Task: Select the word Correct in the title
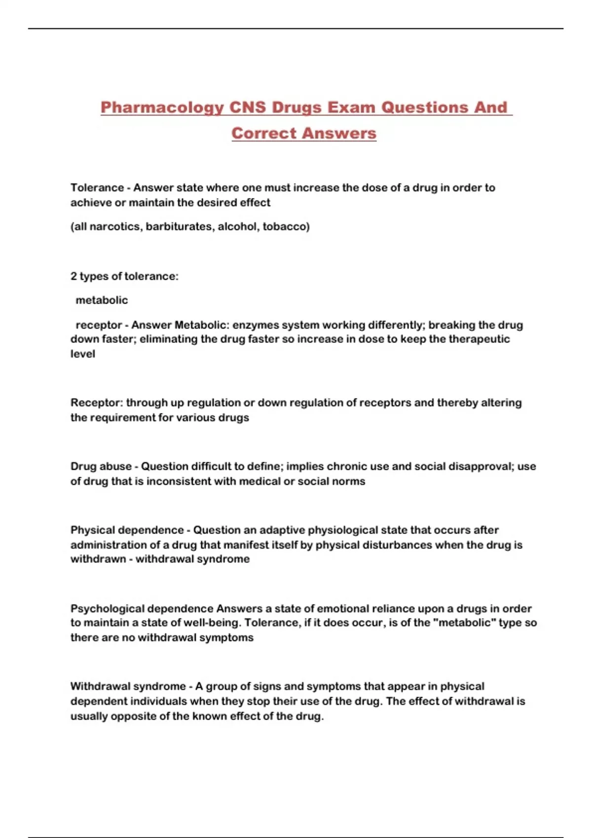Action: (x=264, y=134)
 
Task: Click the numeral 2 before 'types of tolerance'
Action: (x=74, y=277)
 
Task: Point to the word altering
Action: (x=501, y=403)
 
